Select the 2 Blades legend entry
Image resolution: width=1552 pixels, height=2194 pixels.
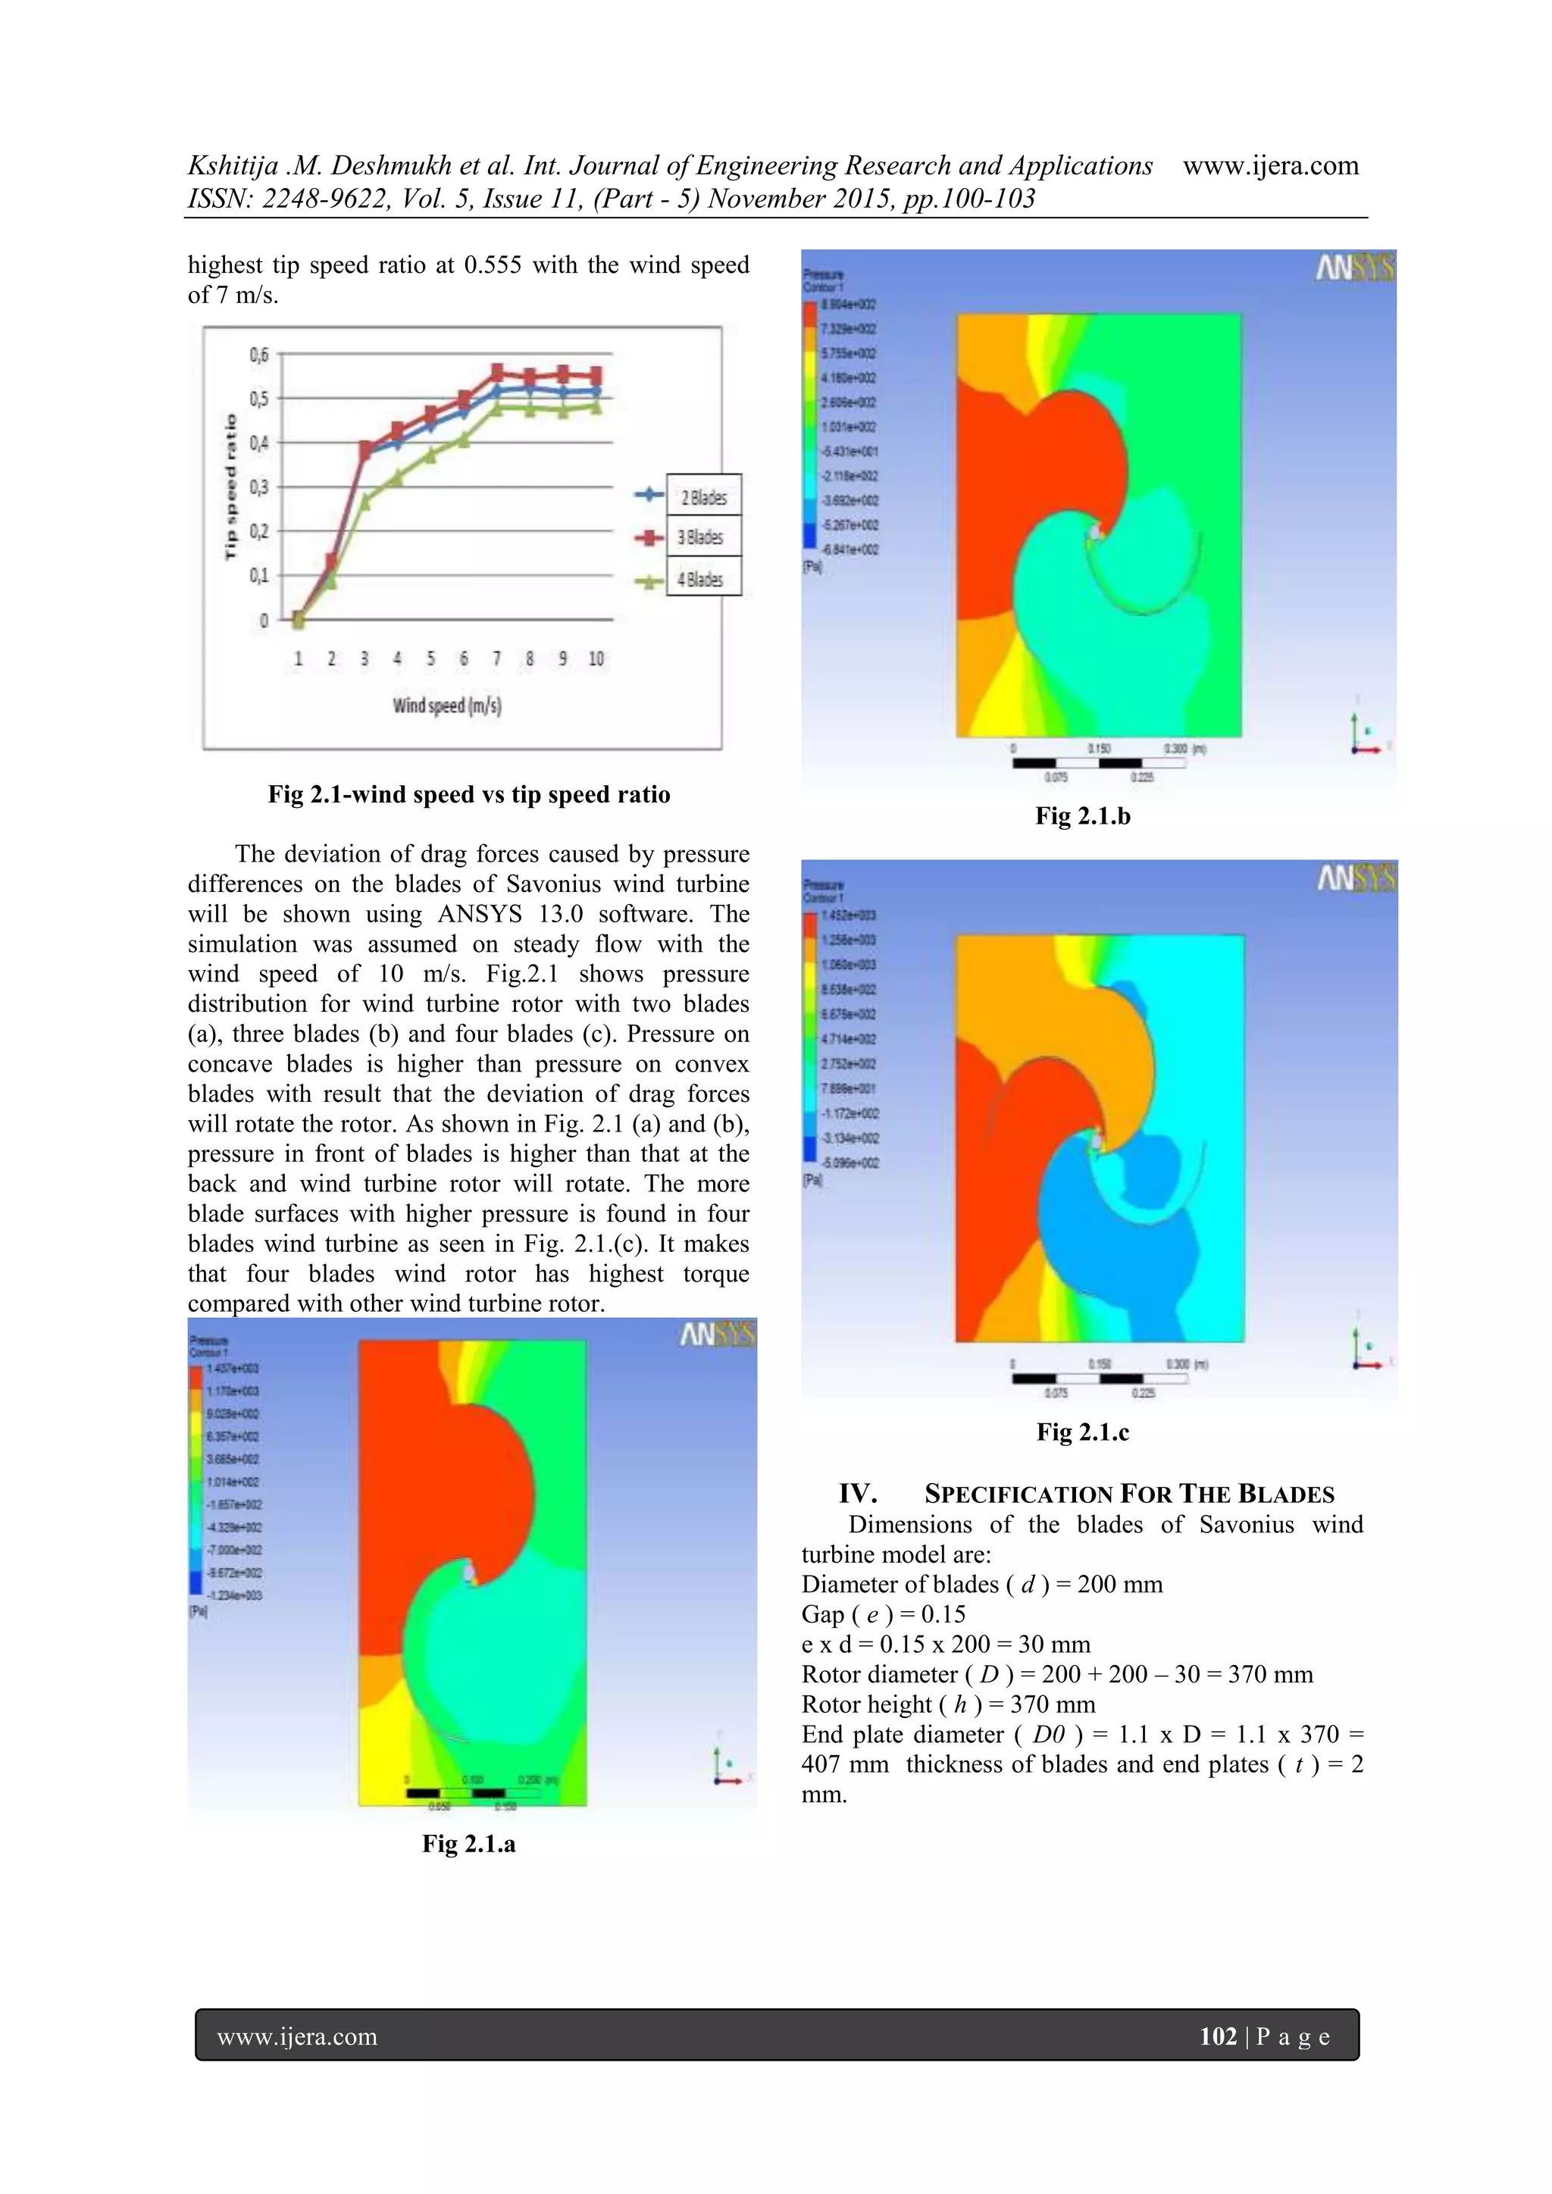[x=703, y=497]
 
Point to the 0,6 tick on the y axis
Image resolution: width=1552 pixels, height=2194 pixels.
[x=260, y=355]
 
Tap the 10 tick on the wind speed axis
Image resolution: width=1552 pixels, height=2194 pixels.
[x=596, y=659]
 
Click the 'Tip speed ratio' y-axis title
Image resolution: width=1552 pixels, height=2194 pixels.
[x=230, y=487]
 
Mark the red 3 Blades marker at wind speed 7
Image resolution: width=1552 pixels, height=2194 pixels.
[x=497, y=371]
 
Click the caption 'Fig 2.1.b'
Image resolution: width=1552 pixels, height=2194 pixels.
[x=1083, y=816]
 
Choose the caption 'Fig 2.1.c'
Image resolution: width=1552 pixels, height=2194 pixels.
[x=1083, y=1432]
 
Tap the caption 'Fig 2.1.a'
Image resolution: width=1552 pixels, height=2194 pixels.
[x=468, y=1843]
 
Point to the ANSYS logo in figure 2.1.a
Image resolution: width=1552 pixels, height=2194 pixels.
[x=718, y=1334]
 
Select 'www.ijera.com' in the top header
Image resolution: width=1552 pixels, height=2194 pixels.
[x=1270, y=166]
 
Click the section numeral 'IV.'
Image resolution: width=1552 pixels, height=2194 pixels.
[x=858, y=1494]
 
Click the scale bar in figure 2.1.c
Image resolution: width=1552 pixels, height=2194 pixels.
[x=1099, y=1377]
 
